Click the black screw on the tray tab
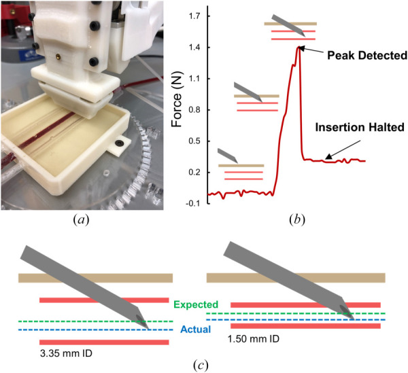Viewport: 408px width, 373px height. click(x=120, y=145)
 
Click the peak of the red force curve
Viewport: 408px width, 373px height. click(x=298, y=46)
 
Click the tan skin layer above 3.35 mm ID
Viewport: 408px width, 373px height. click(x=95, y=278)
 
